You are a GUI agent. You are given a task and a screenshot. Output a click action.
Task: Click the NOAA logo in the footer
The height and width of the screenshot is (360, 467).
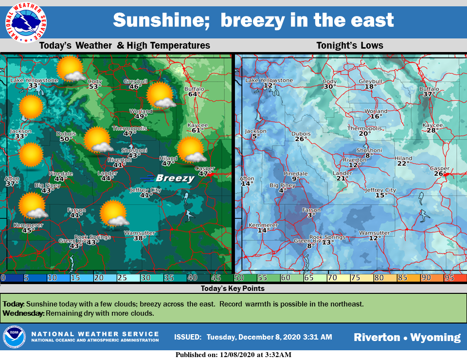point(14,337)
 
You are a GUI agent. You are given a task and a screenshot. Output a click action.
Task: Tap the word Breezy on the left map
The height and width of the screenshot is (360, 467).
point(175,178)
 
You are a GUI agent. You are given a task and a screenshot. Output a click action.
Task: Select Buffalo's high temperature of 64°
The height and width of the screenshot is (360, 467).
point(195,94)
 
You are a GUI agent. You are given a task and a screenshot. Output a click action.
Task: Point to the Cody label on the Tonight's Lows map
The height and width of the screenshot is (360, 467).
point(329,81)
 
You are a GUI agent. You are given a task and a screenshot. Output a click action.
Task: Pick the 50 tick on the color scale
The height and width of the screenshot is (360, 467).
point(239,278)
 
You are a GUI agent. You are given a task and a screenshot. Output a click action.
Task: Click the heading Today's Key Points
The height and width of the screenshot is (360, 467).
point(233,288)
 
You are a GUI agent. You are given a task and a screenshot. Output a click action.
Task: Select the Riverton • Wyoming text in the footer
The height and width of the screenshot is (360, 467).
point(407,337)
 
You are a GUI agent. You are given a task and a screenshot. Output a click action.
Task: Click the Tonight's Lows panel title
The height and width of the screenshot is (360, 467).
point(350,46)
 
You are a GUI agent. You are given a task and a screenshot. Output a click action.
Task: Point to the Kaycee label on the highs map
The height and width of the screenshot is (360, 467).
point(197,125)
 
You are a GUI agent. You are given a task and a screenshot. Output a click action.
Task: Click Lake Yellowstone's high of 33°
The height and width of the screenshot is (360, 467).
point(34,86)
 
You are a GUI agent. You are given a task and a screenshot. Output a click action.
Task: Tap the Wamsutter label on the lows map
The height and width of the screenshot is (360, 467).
point(374,233)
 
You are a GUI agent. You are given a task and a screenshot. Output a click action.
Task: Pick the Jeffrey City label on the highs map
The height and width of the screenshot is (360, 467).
point(145,190)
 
